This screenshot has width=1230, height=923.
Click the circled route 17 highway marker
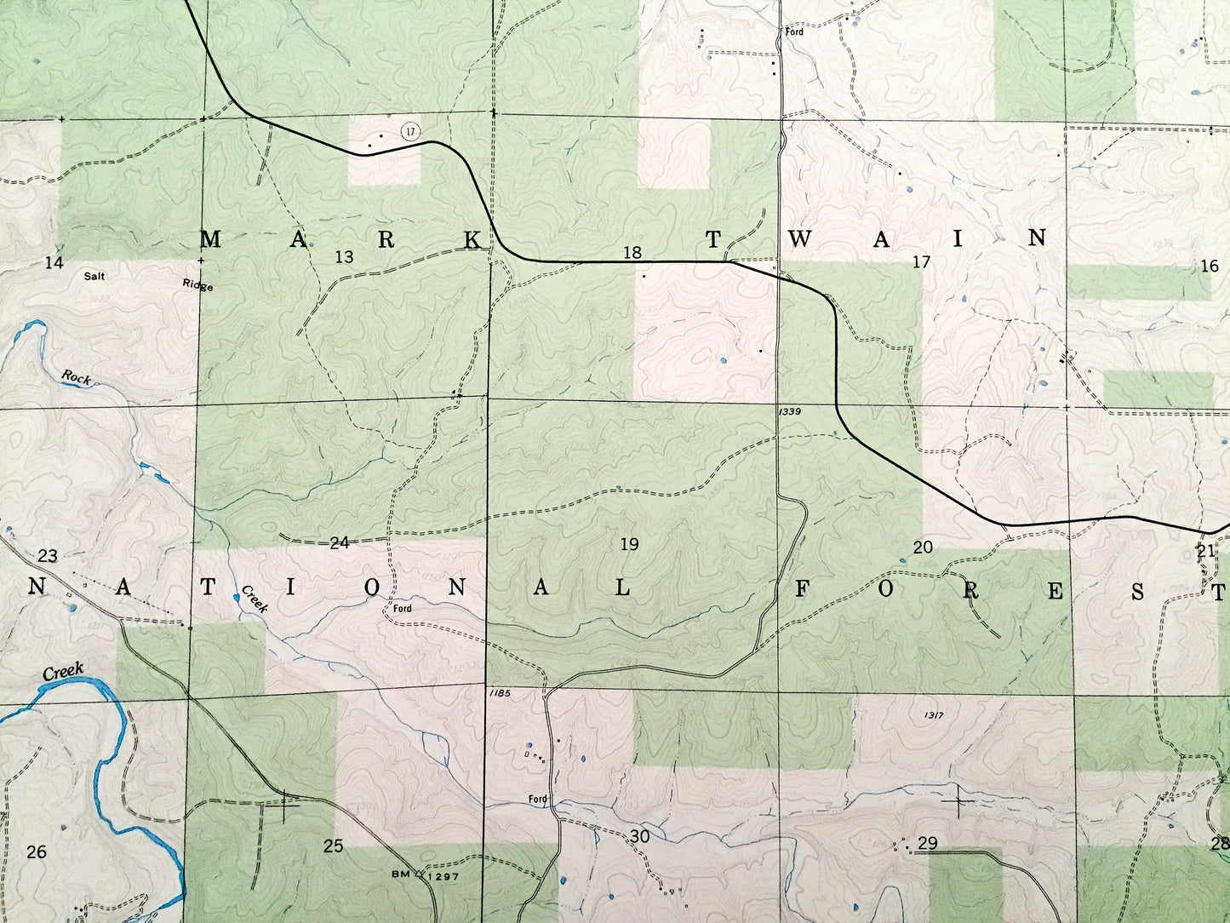point(410,131)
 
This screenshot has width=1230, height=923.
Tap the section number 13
point(344,256)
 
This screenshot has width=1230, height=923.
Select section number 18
point(632,252)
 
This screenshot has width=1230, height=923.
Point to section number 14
point(54,262)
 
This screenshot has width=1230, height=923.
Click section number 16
point(1209,266)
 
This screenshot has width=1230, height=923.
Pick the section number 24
point(340,542)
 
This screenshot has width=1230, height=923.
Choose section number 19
point(629,544)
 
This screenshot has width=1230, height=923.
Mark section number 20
point(923,547)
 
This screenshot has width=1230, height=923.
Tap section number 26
point(37,851)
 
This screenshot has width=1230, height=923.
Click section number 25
point(334,846)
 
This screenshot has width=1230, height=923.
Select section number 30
point(640,836)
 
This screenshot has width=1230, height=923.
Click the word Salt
point(95,276)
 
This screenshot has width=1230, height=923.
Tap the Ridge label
point(197,286)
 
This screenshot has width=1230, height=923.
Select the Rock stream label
point(76,377)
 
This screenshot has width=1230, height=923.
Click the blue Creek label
point(63,671)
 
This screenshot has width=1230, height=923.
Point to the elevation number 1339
point(789,412)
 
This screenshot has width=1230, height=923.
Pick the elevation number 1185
point(500,694)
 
